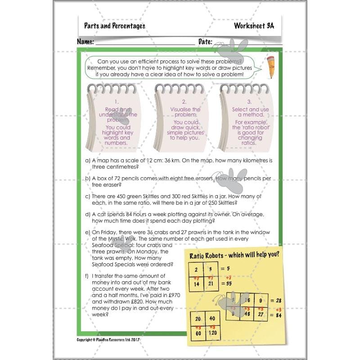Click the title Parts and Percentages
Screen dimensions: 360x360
click(x=114, y=26)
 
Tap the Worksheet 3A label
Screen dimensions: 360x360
click(x=254, y=26)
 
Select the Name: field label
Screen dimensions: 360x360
click(x=85, y=41)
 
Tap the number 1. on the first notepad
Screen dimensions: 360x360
click(x=116, y=102)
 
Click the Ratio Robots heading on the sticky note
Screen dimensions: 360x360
click(x=234, y=255)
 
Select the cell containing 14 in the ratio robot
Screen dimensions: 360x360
click(x=197, y=284)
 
